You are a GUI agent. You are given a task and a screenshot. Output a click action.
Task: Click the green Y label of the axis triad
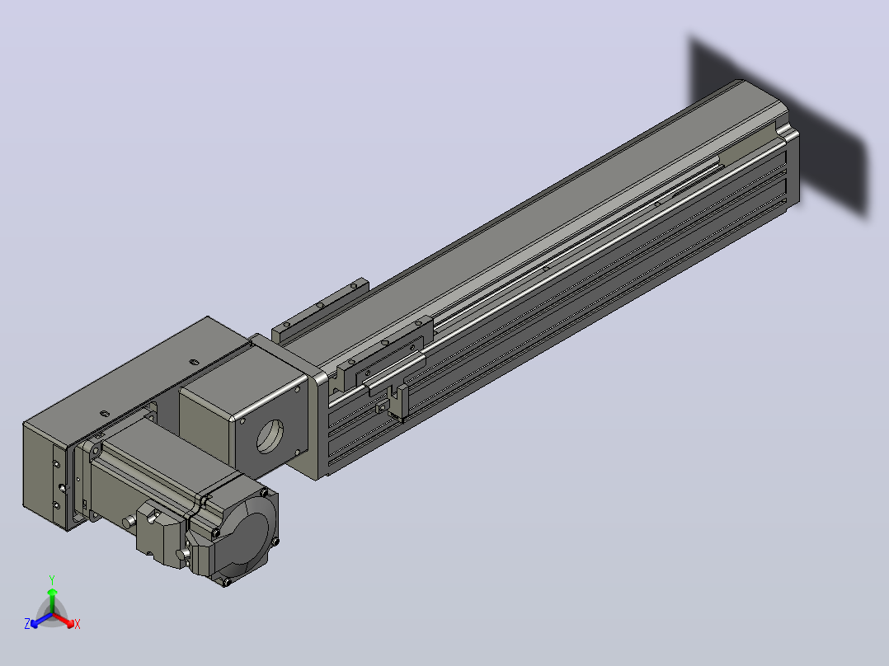coord(52,579)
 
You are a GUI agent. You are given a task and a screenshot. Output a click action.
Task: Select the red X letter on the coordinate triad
coord(78,624)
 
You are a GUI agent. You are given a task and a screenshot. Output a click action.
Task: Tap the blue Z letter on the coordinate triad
coord(27,623)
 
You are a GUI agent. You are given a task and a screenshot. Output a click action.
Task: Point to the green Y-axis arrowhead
coord(52,593)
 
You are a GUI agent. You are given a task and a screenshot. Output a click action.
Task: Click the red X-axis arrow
coord(63,620)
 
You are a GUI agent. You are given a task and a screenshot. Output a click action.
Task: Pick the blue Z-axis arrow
coord(41,620)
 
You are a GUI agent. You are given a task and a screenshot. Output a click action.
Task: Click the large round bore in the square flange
coord(270,436)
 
